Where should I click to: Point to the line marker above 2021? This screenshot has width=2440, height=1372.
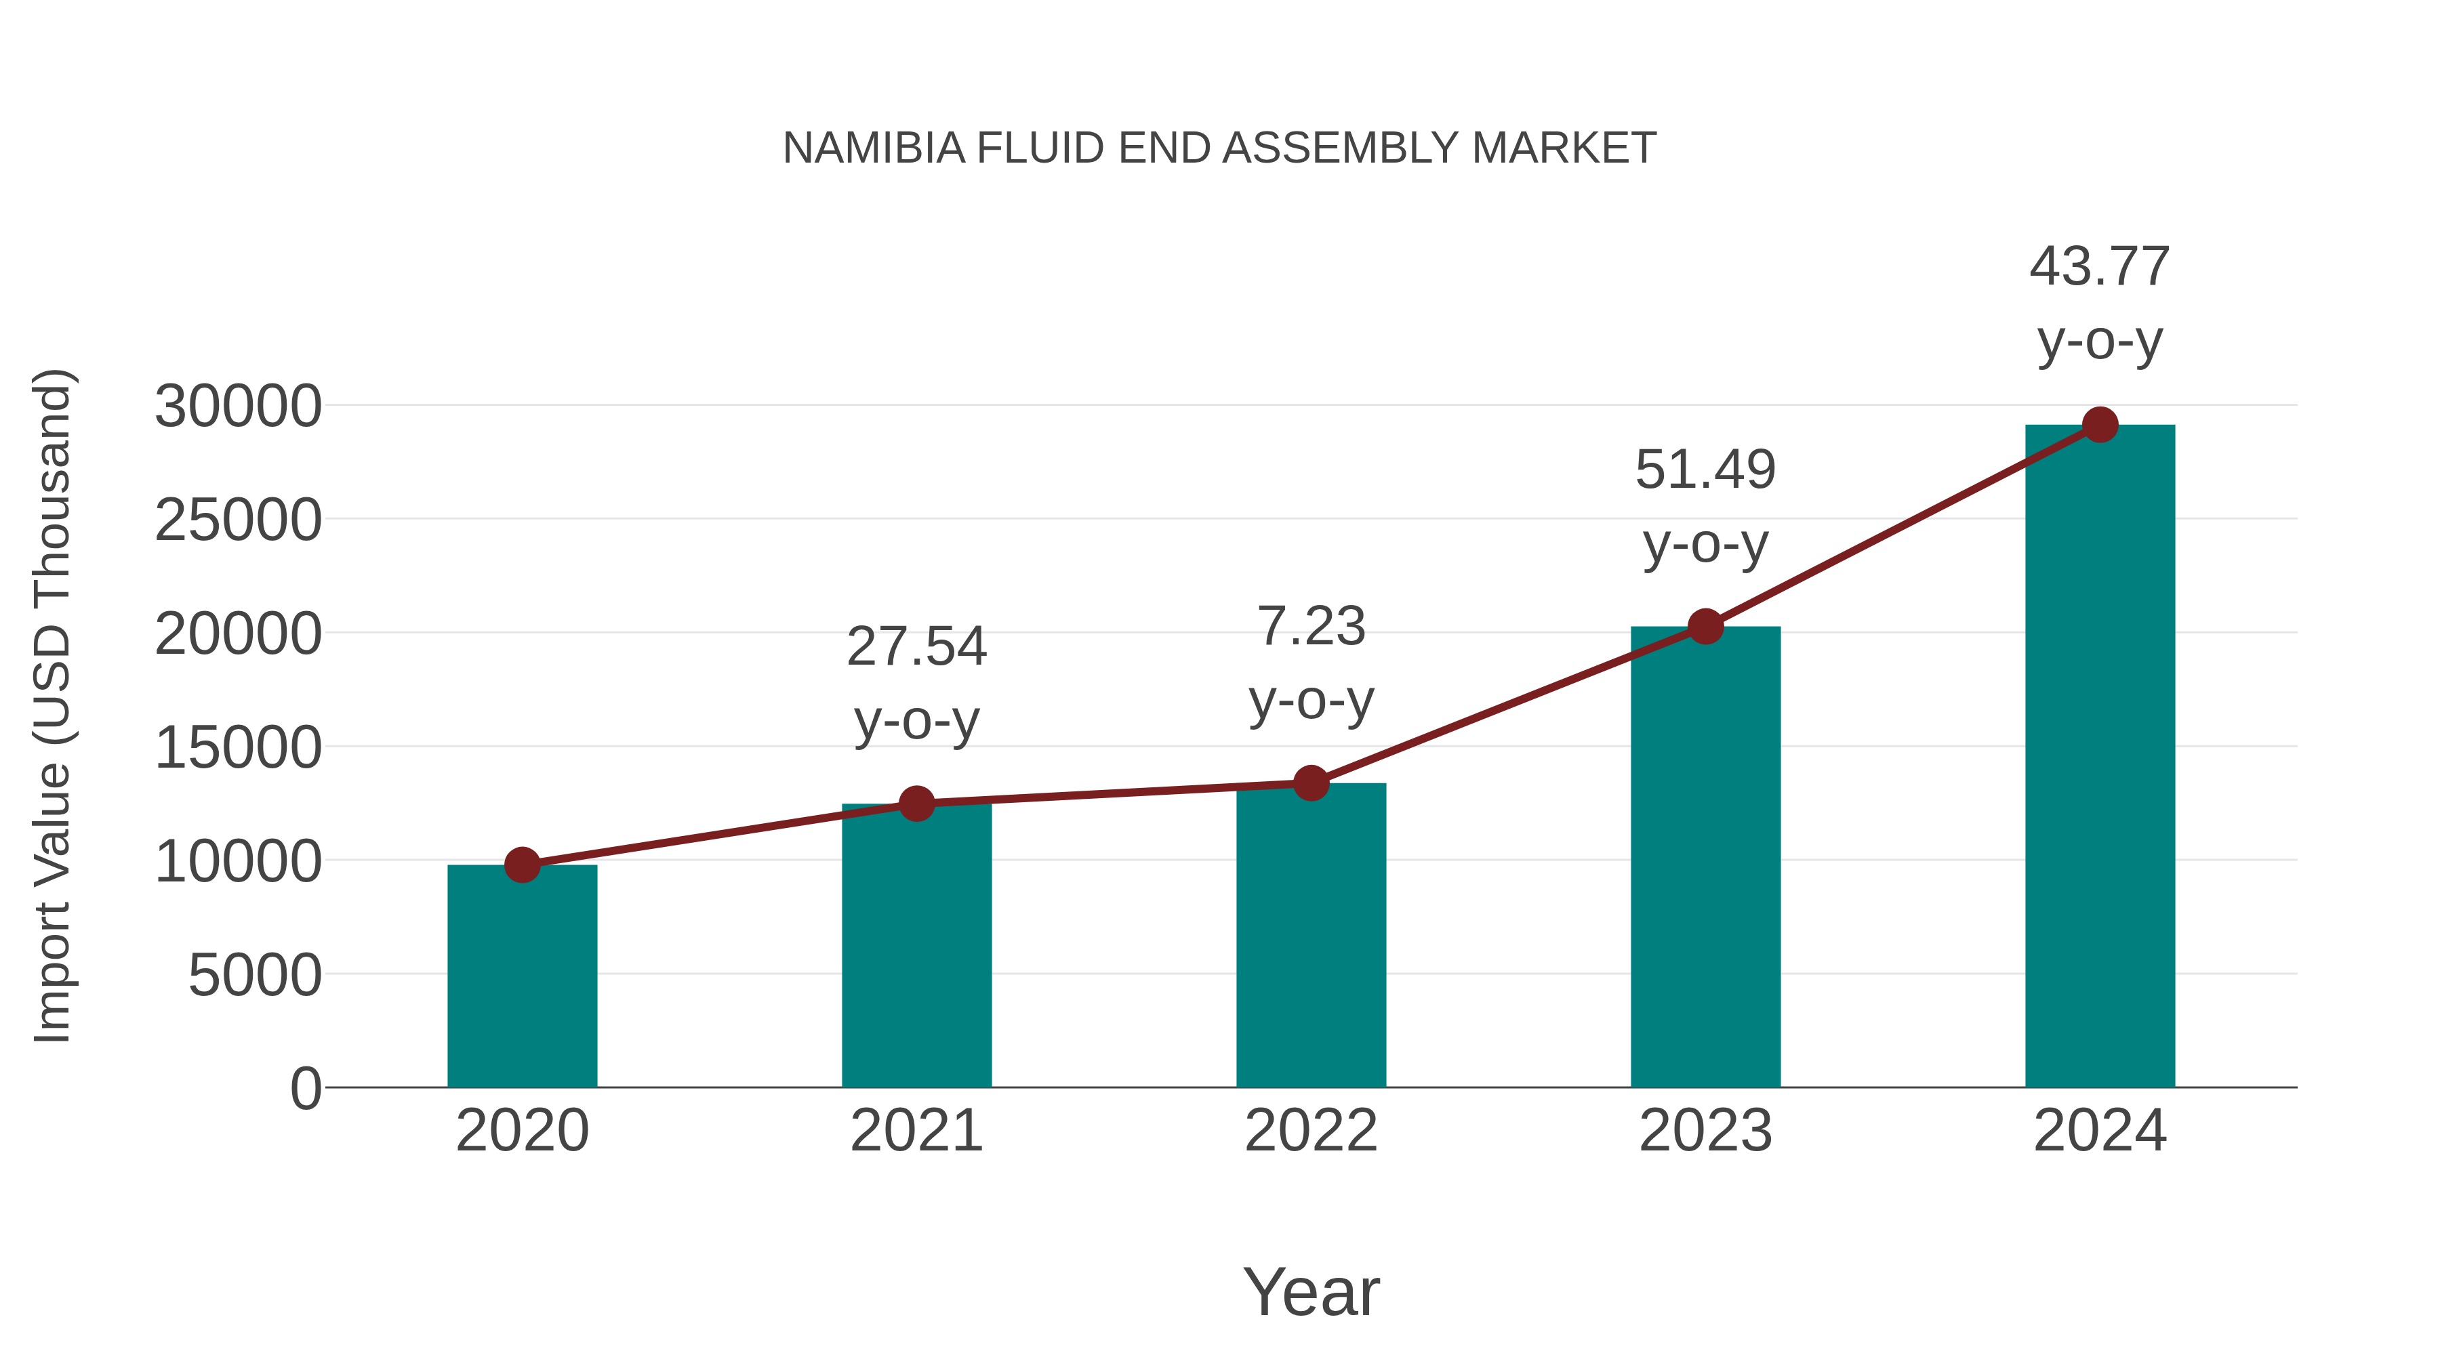click(x=916, y=804)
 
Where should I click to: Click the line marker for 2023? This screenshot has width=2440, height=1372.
click(x=1705, y=626)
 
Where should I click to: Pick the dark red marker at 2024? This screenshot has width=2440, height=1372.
click(x=2100, y=425)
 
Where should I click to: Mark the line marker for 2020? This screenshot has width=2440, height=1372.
click(x=522, y=865)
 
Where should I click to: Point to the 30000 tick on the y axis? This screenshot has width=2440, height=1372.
click(x=238, y=407)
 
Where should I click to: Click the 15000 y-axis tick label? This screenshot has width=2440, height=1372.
click(x=238, y=747)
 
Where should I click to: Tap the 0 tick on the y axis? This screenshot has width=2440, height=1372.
click(x=306, y=1088)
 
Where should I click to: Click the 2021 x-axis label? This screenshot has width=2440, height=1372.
click(x=916, y=1131)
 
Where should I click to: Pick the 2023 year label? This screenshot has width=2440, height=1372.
click(x=1705, y=1131)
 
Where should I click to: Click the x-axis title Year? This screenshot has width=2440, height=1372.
click(x=1311, y=1291)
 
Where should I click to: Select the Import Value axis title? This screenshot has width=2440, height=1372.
click(x=53, y=705)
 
